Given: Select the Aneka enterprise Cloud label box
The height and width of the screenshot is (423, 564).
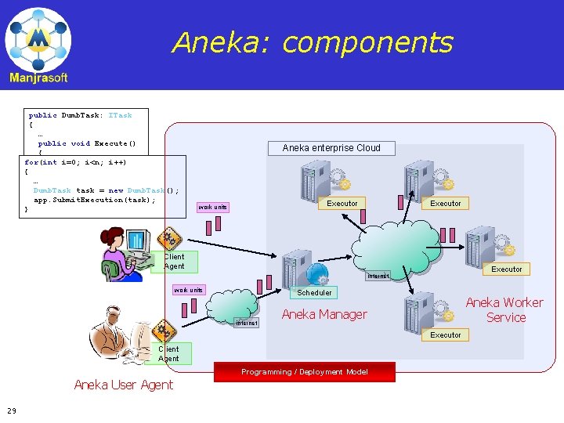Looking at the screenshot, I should (x=331, y=148).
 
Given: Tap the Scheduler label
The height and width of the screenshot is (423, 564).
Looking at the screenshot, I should (x=314, y=293).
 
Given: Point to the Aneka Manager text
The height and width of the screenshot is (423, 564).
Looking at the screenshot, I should (x=324, y=315).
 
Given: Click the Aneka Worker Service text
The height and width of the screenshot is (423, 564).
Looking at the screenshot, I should (x=504, y=310).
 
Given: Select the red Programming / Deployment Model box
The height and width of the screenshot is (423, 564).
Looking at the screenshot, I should (x=304, y=372).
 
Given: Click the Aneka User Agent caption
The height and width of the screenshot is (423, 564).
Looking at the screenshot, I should (x=123, y=385).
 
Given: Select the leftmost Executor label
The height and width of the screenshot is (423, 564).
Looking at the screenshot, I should (x=342, y=204).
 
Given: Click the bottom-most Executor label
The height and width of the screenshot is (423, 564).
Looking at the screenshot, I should (x=446, y=335).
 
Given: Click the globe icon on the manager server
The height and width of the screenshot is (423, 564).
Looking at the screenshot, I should (x=317, y=273).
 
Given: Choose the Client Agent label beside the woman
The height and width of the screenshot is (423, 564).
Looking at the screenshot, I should (x=174, y=262).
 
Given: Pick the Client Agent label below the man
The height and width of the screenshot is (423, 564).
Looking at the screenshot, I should (x=168, y=354).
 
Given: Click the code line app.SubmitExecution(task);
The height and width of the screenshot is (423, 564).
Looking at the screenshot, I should (x=94, y=200).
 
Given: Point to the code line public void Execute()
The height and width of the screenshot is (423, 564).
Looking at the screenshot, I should (x=87, y=143).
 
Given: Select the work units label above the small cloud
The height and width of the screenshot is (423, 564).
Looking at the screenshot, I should (x=188, y=291).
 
